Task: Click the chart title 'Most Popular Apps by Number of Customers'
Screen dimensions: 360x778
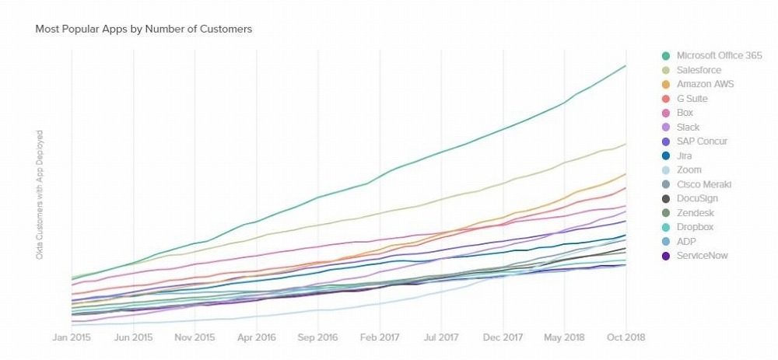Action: tap(144, 29)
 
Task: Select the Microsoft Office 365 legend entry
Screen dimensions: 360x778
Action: tap(719, 55)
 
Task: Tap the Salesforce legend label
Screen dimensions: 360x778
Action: tap(699, 70)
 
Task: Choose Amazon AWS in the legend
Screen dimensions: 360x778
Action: tap(705, 84)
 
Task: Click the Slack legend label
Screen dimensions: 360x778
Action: tap(688, 127)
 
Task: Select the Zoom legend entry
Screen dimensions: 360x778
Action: tap(689, 170)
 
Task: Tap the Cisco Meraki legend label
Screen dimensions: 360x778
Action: tap(703, 184)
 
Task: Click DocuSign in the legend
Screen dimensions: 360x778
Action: tap(697, 198)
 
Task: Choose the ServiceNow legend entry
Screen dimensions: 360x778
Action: tap(702, 255)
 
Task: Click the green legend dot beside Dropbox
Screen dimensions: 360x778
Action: tap(666, 227)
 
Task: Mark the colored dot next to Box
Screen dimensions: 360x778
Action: tap(666, 113)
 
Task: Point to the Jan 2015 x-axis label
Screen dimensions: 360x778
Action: tap(72, 337)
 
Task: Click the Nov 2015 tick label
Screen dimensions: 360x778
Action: tap(194, 337)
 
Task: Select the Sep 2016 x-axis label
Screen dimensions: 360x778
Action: tap(317, 337)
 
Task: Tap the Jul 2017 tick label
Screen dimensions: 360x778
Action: tap(440, 337)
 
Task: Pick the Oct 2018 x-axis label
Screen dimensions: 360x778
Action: tap(625, 337)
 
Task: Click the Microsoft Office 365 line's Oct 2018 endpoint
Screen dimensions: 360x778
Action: tap(626, 66)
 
